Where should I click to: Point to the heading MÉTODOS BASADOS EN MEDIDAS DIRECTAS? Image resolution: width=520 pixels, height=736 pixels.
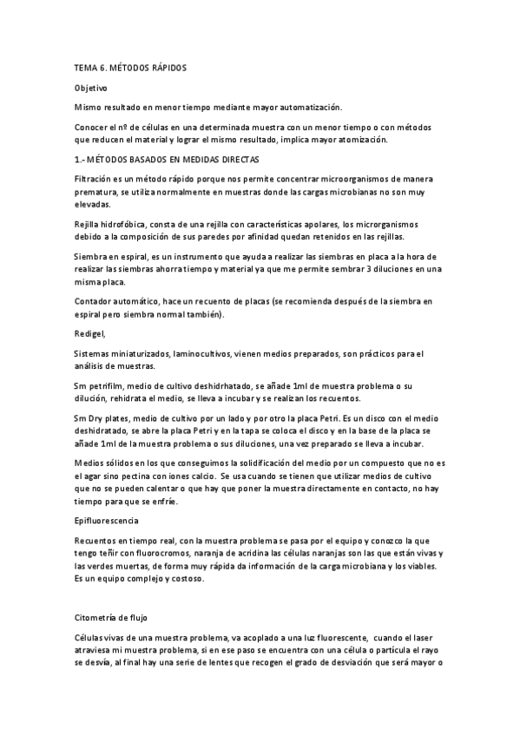(171, 160)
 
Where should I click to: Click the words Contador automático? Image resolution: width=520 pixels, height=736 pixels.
(115, 300)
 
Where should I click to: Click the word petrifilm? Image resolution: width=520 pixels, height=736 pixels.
(108, 384)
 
